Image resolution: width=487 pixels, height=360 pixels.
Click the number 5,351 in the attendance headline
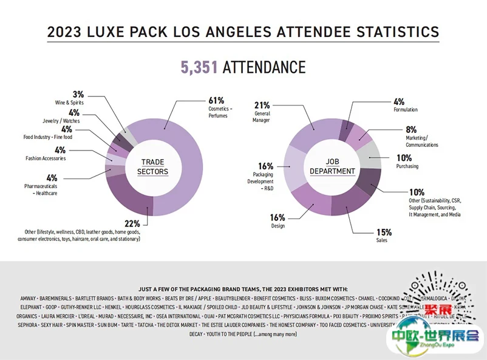pos(200,67)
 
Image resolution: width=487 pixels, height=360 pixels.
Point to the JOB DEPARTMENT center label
pos(332,166)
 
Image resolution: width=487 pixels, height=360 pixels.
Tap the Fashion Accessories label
pos(46,158)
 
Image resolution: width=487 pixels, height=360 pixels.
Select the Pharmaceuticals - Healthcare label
pos(41,189)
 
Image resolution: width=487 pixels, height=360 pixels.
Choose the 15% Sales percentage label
pos(383,232)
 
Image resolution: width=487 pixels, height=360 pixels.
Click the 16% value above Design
pos(278,217)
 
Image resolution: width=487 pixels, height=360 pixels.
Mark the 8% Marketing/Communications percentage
pos(411,129)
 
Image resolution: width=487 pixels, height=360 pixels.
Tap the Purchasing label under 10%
pos(407,166)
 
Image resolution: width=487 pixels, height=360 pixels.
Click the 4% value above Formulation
pos(399,101)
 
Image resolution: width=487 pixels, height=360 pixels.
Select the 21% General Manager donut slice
pos(310,131)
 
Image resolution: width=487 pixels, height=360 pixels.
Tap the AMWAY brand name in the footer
pos(27,298)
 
